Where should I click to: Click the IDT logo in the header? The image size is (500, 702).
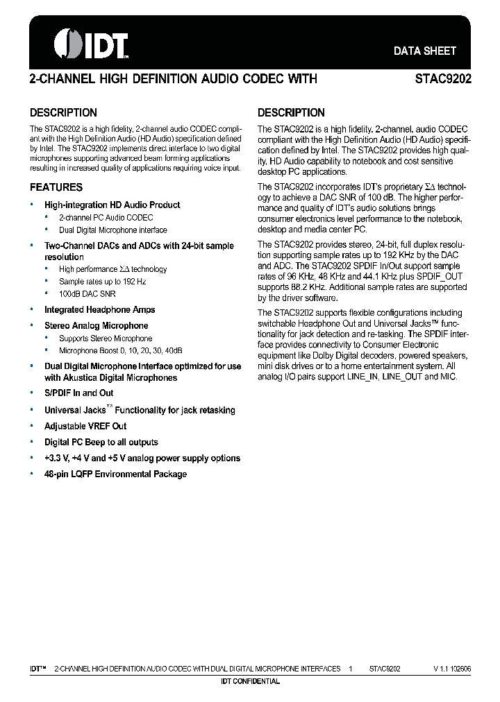click(x=92, y=44)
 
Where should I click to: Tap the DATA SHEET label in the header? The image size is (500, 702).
click(x=424, y=51)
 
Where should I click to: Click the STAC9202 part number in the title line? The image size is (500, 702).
click(x=443, y=79)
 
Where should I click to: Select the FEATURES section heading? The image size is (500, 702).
click(x=56, y=187)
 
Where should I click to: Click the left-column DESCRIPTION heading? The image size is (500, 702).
click(x=63, y=112)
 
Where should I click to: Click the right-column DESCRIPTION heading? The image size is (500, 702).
click(x=291, y=112)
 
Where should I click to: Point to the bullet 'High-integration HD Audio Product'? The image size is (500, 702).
click(x=112, y=205)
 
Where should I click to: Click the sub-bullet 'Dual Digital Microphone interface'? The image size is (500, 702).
click(x=112, y=230)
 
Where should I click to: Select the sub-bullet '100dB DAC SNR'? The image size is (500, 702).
click(x=87, y=294)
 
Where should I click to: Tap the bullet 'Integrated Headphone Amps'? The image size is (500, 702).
click(x=99, y=310)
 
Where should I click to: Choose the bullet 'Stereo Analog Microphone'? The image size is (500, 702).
click(x=96, y=326)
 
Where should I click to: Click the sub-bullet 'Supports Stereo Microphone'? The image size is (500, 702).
click(x=105, y=339)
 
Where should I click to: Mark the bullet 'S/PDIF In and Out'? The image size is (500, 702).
click(x=78, y=393)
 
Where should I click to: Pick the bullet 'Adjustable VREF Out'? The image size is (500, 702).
click(x=85, y=427)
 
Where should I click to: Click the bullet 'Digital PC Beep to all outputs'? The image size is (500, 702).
click(x=101, y=443)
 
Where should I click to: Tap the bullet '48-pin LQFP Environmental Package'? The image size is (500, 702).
click(x=115, y=474)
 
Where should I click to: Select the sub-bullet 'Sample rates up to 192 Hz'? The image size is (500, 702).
click(x=102, y=282)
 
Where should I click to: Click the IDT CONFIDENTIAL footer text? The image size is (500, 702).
click(x=250, y=681)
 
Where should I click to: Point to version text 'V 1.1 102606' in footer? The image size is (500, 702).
click(x=452, y=669)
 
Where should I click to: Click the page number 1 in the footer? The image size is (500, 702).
click(x=351, y=669)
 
